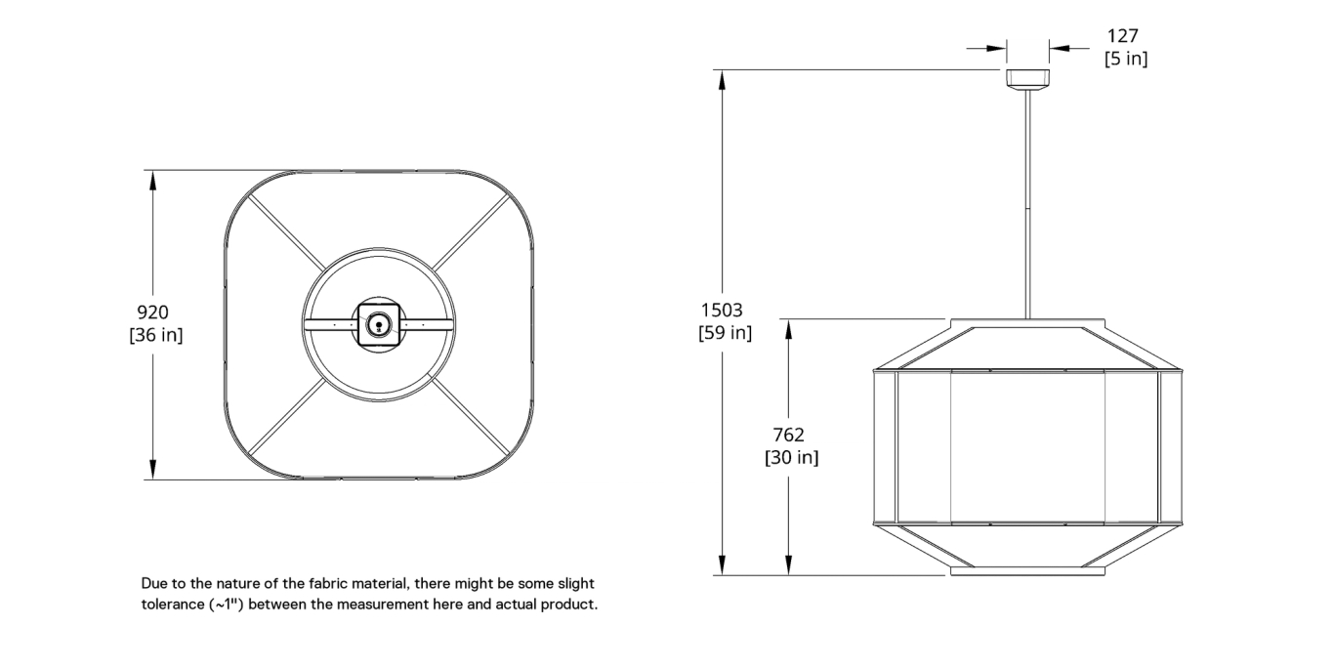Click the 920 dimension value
coord(152,313)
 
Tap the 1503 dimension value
coord(722,310)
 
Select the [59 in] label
coord(725,333)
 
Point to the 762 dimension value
coord(788,435)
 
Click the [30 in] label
coord(791,457)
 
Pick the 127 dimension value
coord(1123,36)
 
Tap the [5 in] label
coord(1125,59)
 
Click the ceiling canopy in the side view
coord(1027,78)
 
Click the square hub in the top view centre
coord(377,322)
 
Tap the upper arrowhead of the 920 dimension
coord(153,179)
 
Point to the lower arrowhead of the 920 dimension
coord(153,471)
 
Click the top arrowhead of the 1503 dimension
coord(722,78)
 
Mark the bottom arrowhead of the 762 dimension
coord(788,566)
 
